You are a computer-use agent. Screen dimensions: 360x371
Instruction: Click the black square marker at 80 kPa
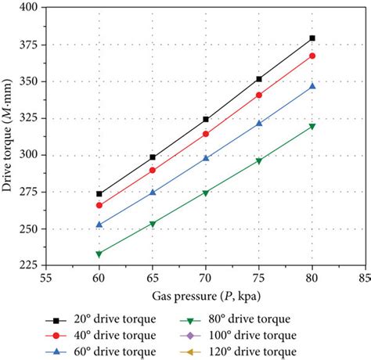pos(312,38)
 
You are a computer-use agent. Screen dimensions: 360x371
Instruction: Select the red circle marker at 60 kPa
pos(99,205)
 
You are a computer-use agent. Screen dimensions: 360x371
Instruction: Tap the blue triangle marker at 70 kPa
pos(206,158)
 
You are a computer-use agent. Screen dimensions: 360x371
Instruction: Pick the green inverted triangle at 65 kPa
pos(153,224)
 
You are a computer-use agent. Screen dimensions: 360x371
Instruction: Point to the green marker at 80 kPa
pos(312,126)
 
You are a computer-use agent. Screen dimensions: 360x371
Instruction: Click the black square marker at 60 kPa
pos(99,193)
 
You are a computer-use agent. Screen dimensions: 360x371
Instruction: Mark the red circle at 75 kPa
pos(259,95)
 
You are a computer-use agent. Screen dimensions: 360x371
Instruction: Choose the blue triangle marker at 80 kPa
pos(312,86)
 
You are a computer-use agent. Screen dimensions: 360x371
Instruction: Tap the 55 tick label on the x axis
pos(46,278)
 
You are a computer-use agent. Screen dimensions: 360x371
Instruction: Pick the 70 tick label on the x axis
pos(206,278)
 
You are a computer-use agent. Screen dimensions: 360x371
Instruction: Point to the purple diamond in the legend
pos(205,335)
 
